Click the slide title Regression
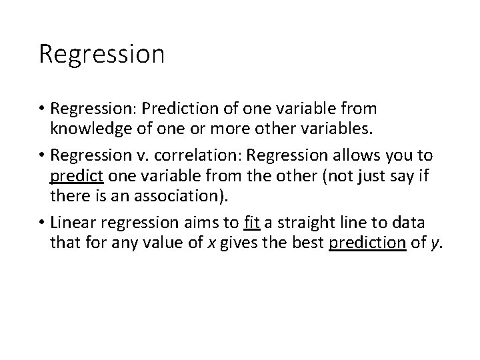click(101, 54)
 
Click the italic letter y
click(435, 243)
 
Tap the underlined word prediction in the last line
click(367, 243)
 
